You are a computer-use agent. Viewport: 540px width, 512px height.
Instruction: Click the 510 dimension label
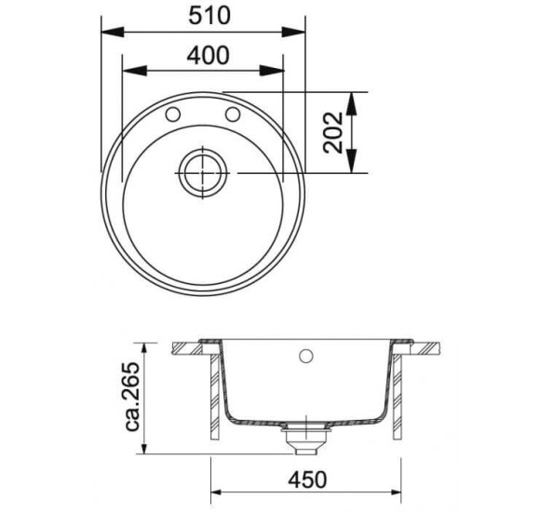[207, 16]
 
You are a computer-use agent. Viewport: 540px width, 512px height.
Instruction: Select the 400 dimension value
[207, 55]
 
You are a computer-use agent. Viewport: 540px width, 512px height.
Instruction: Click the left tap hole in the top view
[173, 115]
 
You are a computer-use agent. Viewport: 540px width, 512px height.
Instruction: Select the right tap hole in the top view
[233, 115]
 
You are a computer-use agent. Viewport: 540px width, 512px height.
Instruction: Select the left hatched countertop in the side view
[194, 349]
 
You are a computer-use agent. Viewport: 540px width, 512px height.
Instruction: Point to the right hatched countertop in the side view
[424, 349]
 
